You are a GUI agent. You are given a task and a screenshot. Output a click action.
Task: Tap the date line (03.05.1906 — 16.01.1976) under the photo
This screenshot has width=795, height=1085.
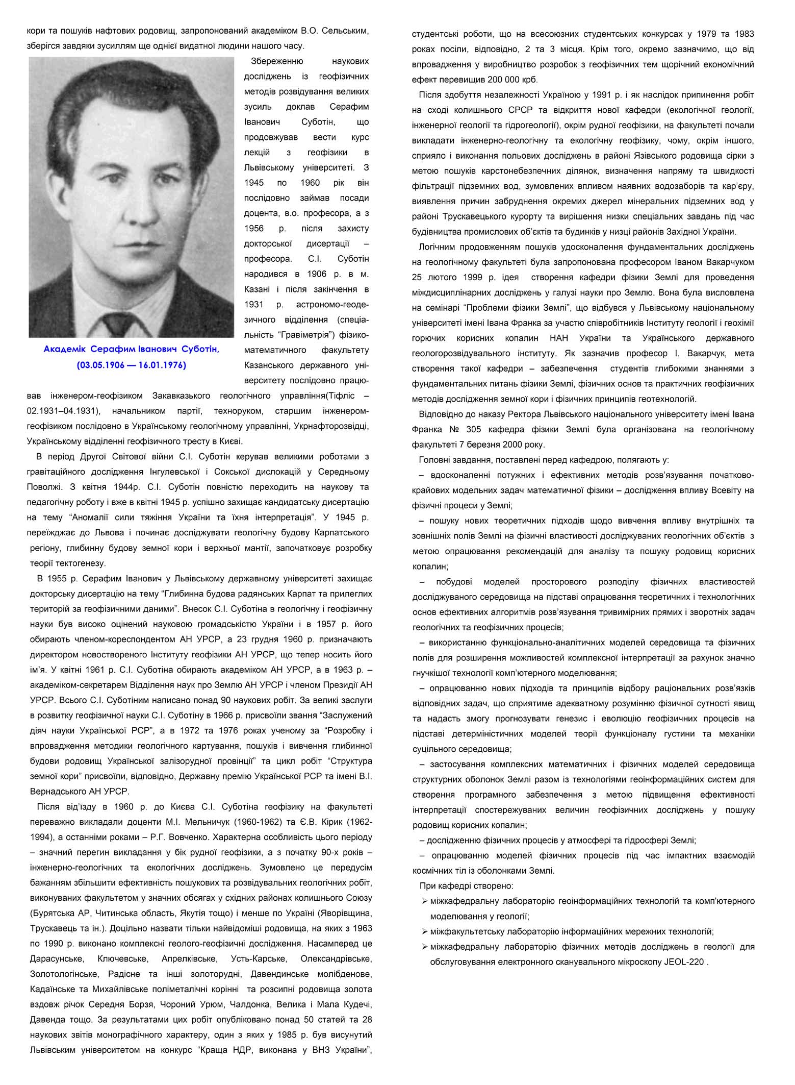[131, 365]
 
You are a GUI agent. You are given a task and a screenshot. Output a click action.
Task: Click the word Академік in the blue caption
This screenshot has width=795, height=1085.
[65, 349]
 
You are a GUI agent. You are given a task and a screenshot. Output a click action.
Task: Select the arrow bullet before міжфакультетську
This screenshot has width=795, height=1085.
[424, 931]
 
